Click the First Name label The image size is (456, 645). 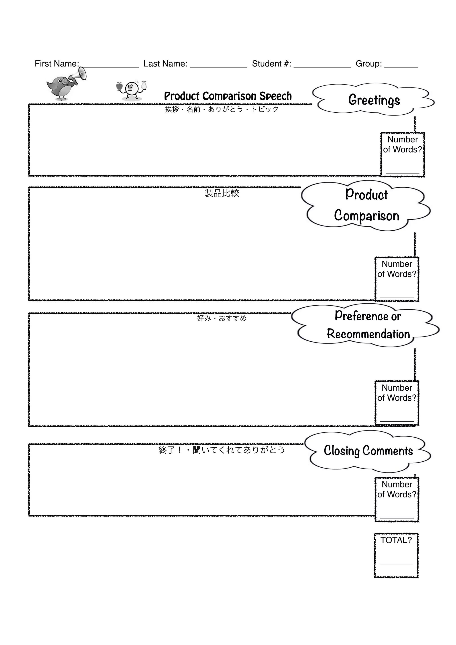pos(57,64)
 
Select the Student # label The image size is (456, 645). pos(271,64)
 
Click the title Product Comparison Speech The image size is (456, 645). pos(228,96)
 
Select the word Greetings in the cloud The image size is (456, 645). pos(374,100)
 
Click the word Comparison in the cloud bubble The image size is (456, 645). pos(367,216)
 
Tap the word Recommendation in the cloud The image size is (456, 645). pos(368,334)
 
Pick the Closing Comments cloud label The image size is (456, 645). pos(368,451)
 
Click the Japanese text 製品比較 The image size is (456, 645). pos(222,193)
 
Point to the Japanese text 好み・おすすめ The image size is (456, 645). pos(222,318)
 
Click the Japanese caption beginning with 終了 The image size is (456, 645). pos(222,450)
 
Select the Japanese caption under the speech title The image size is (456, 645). pos(222,109)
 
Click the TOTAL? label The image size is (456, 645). pos(396,540)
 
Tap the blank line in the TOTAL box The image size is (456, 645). pos(396,564)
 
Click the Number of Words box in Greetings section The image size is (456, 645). pos(403,154)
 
